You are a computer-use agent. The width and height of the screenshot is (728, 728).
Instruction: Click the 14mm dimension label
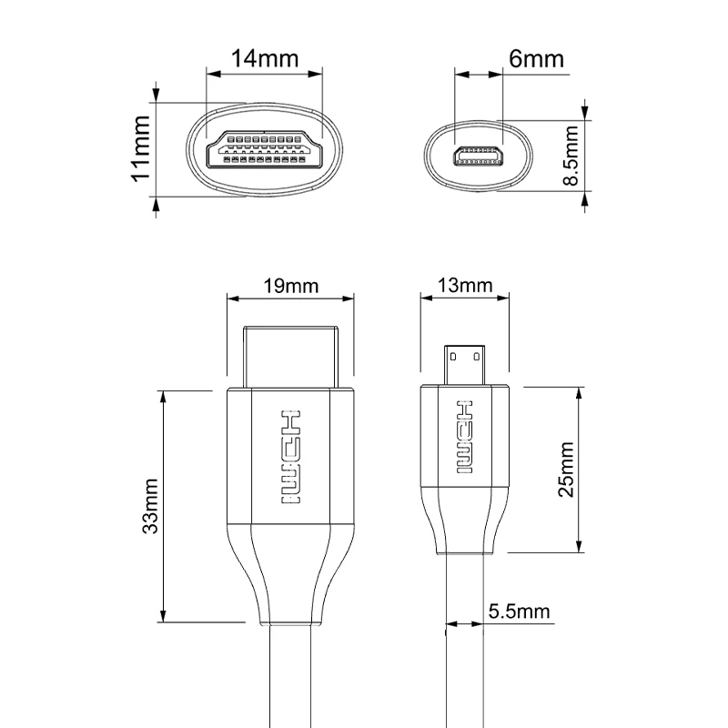point(265,58)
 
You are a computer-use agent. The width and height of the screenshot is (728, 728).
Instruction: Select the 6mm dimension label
point(536,59)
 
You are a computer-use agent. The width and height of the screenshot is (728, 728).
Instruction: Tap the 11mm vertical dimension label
point(139,148)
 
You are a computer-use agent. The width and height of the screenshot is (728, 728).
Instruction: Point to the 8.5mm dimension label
point(571,156)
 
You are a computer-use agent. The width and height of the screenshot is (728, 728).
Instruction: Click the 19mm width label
point(290,286)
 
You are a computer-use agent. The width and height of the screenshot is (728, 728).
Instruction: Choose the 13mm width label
point(464,286)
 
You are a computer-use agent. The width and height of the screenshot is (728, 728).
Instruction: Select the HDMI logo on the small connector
point(465,437)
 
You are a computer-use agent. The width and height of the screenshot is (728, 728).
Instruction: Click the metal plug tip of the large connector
point(289,355)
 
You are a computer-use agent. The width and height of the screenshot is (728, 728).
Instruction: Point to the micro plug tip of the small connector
point(465,364)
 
